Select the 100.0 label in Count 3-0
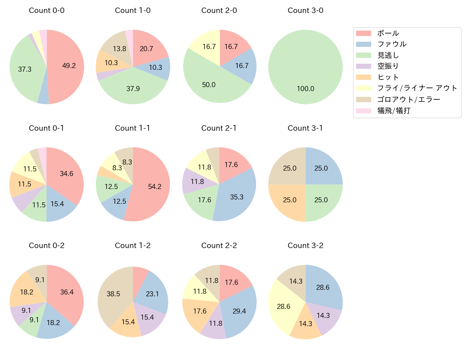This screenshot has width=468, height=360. tap(305, 89)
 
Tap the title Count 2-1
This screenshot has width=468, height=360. tap(219, 128)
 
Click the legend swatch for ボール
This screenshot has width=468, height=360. tap(363, 33)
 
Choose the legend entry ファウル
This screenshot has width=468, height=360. tap(392, 44)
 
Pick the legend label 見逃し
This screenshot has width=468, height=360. tap(388, 55)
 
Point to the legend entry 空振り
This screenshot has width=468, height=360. tap(388, 66)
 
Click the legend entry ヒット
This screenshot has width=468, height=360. tap(388, 77)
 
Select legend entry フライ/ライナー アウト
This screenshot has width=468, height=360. tap(417, 88)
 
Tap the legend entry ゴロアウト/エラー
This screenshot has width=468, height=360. tap(409, 99)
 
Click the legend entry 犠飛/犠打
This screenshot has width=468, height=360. tap(394, 111)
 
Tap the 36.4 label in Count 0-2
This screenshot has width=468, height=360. tap(67, 292)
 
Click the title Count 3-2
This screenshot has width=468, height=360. tap(305, 246)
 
